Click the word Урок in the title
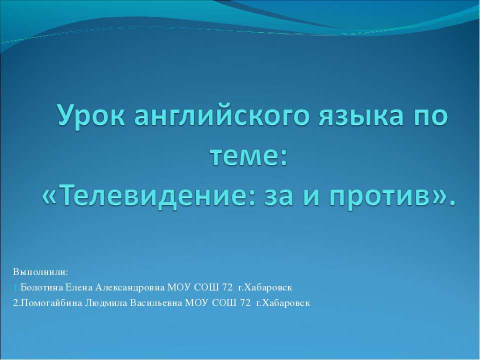pos(91,115)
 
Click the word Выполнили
pos(40,272)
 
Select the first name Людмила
pos(106,303)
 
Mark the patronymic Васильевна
pos(156,303)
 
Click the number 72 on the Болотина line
pos(227,287)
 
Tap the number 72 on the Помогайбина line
pos(245,303)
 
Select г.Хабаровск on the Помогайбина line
pos(283,303)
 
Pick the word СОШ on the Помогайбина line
pos(224,303)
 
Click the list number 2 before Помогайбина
pos(15,303)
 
